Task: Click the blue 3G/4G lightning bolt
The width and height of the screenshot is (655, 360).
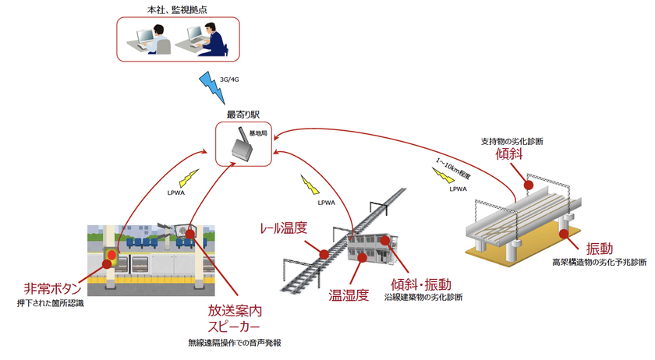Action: point(212,87)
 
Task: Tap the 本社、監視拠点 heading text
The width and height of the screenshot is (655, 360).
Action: point(177,9)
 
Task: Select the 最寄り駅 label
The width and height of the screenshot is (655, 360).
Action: point(243,114)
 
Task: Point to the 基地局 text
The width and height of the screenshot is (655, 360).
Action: point(258,133)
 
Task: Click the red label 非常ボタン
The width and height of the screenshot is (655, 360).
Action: point(53,288)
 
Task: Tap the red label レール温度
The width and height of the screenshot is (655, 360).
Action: point(284,228)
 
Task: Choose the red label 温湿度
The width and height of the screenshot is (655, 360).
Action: point(349,295)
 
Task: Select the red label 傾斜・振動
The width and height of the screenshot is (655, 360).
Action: point(421,284)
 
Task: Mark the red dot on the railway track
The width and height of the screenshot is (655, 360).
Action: point(324,254)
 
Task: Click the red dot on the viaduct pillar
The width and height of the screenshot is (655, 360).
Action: point(564,234)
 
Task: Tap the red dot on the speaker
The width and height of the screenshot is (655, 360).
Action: point(190,234)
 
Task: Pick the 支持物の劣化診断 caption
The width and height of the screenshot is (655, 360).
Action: point(512,142)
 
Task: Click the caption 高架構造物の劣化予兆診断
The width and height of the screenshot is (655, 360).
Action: point(599,263)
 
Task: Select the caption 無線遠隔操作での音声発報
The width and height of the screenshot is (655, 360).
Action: point(235,343)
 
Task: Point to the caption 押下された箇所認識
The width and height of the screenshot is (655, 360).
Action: point(50,304)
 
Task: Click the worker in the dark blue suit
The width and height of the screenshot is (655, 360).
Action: point(214,40)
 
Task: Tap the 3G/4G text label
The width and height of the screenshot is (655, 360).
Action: point(229,79)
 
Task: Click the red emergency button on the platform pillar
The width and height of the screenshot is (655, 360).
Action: point(111,254)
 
